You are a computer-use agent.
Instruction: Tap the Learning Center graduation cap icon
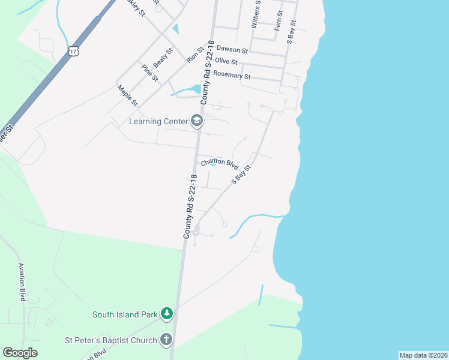[x=196, y=121]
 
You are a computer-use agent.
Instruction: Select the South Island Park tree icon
[x=167, y=314]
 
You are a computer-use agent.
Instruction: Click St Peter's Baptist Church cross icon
[x=166, y=340]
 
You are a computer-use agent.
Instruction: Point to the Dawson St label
[x=232, y=50]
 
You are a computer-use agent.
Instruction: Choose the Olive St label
[x=226, y=62]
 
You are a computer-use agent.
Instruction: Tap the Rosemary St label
[x=232, y=76]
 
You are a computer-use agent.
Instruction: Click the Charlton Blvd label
[x=220, y=163]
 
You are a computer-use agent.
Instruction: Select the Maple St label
[x=128, y=95]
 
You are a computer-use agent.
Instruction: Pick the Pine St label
[x=150, y=73]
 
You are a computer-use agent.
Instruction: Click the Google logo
[x=20, y=353]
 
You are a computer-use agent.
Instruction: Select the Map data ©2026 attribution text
[x=423, y=355]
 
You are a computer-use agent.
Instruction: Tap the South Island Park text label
[x=125, y=314]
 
